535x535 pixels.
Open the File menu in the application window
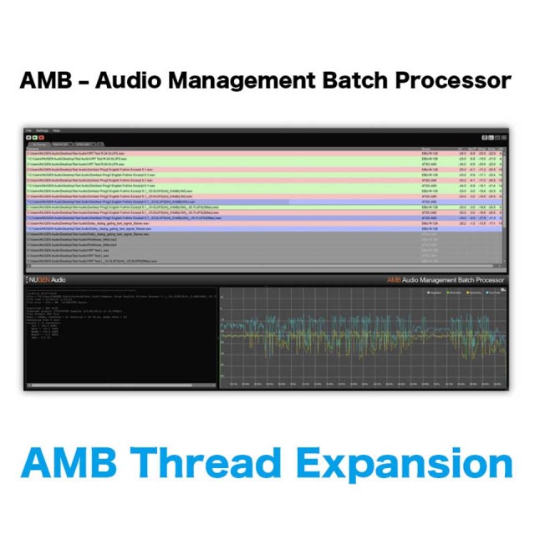tap(28, 131)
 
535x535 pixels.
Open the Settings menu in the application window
tap(41, 131)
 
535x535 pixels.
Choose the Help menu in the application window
tap(56, 131)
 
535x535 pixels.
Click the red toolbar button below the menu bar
tap(41, 138)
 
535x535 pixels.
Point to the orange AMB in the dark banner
tap(393, 280)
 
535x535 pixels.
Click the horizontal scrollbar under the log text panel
tap(117, 385)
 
